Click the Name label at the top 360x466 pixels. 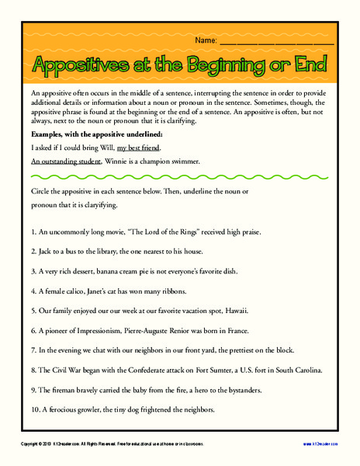[x=206, y=39]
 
